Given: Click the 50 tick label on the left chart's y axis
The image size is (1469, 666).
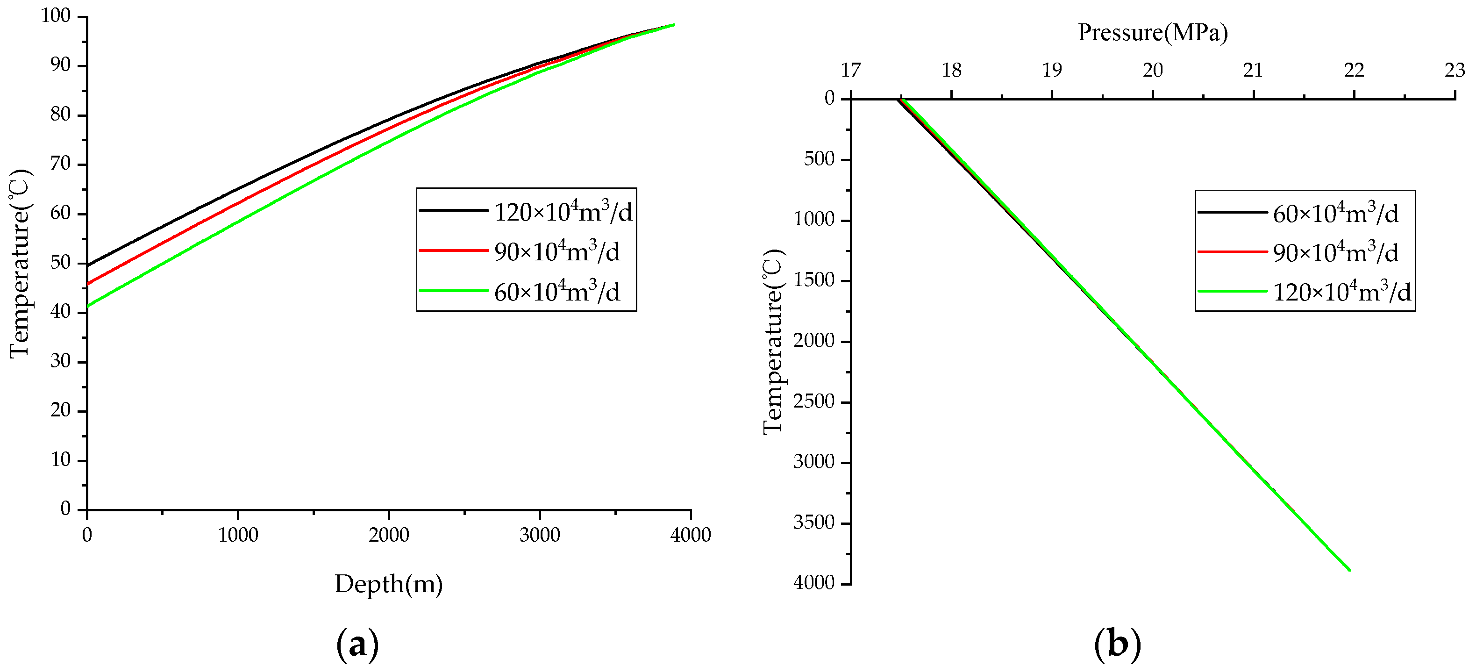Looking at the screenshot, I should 60,263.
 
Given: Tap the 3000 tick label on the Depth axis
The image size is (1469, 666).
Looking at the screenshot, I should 540,535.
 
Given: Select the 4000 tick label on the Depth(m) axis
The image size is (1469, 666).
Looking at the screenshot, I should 691,535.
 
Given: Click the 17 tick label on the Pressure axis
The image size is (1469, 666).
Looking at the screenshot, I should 850,70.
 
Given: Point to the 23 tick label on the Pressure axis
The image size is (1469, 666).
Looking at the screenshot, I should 1455,70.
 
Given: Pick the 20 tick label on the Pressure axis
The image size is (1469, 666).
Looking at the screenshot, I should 1153,70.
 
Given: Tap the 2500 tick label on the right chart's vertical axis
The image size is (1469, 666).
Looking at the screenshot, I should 814,401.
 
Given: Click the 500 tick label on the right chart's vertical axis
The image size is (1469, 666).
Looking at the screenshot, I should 819,159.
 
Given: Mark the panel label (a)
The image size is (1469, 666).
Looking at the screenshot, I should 357,645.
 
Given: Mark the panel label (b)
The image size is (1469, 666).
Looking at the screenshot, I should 1117,645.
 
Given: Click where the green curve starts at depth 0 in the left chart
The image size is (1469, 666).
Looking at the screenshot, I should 88,306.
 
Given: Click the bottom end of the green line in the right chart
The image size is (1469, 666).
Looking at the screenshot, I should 1349,570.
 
